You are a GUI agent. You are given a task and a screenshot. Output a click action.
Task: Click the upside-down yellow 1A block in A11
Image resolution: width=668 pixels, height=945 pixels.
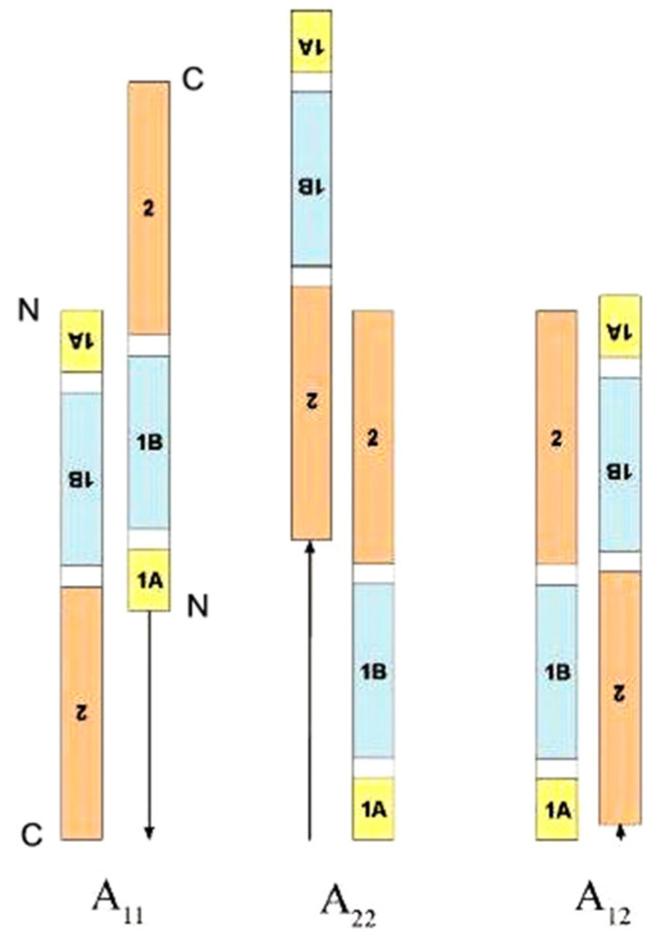[81, 340]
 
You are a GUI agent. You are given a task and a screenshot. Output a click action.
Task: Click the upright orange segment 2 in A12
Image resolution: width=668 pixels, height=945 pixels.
[556, 437]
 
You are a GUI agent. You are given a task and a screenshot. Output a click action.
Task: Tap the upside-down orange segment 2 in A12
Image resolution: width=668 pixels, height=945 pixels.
[621, 696]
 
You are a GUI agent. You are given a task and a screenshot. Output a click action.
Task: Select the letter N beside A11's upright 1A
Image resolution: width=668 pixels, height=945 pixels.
[197, 607]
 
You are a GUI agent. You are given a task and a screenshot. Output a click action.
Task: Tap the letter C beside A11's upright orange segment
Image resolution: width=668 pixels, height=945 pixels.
[193, 80]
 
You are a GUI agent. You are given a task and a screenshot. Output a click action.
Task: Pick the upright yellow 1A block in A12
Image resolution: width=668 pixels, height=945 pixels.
[556, 810]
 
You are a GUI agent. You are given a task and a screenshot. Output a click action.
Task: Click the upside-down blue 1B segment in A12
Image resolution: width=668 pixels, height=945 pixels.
[621, 463]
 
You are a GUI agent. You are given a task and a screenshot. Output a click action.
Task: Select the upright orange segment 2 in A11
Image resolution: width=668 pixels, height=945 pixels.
[149, 207]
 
